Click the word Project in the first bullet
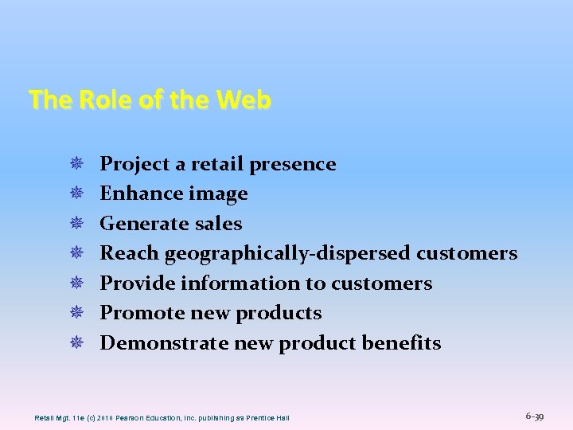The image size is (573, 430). click(x=134, y=164)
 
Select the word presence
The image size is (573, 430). click(x=292, y=164)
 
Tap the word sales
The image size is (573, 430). click(x=218, y=224)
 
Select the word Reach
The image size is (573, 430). click(x=129, y=253)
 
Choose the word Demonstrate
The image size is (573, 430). click(x=164, y=343)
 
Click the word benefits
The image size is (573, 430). click(x=401, y=343)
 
